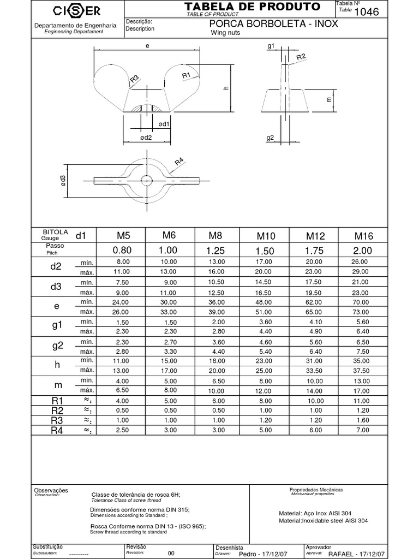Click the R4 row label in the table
click(57, 431)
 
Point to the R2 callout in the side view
click(301, 57)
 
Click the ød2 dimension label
click(146, 138)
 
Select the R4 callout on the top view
click(179, 162)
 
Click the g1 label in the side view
click(271, 47)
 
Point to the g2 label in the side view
click(270, 138)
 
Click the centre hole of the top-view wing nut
click(146, 180)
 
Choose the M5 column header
click(124, 236)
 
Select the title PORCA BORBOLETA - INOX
click(273, 24)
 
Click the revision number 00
click(171, 553)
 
